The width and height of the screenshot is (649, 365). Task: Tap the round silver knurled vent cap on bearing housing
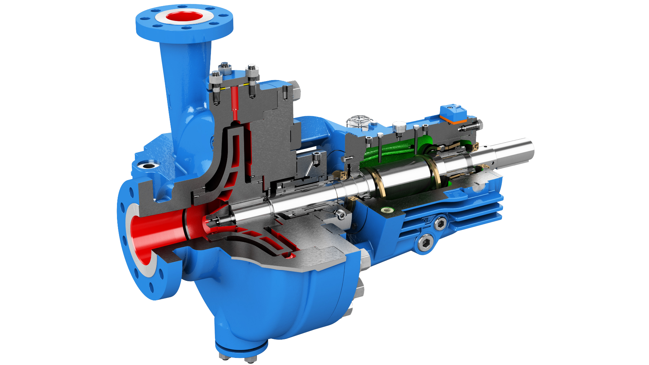pyautogui.click(x=399, y=127)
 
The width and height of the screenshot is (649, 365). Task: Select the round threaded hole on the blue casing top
pyautogui.click(x=148, y=165)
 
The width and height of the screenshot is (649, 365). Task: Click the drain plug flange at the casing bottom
pyautogui.click(x=241, y=348)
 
